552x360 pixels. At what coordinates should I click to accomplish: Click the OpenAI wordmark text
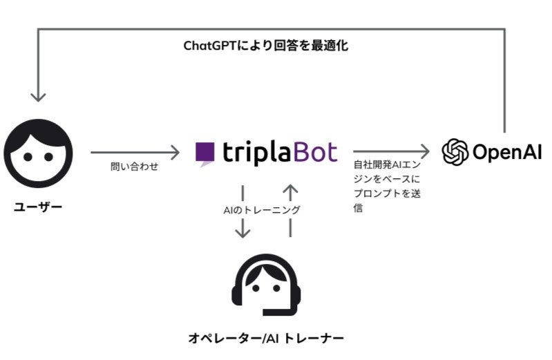[x=506, y=151]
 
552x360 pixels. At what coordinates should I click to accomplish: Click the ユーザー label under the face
[x=37, y=207]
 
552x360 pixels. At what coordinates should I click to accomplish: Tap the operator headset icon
[x=265, y=285]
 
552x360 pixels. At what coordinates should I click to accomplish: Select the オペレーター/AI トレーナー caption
[x=266, y=338]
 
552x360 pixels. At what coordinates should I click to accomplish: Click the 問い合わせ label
[x=134, y=167]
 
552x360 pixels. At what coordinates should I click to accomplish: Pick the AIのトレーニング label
[x=266, y=208]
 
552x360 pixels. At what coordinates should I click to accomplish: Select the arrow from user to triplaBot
[x=134, y=151]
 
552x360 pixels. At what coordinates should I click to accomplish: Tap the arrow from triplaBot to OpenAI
[x=391, y=151]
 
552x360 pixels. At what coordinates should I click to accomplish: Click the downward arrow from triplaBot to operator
[x=242, y=211]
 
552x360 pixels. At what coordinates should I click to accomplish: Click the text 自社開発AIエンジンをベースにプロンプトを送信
[x=387, y=187]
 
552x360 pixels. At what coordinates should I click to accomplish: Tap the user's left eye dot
[x=28, y=156]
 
